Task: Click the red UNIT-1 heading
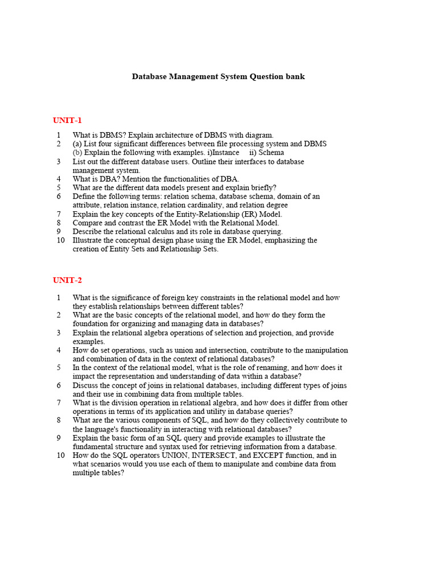67,120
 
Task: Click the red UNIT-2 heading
67,280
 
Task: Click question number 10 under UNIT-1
60,240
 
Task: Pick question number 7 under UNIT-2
59,403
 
